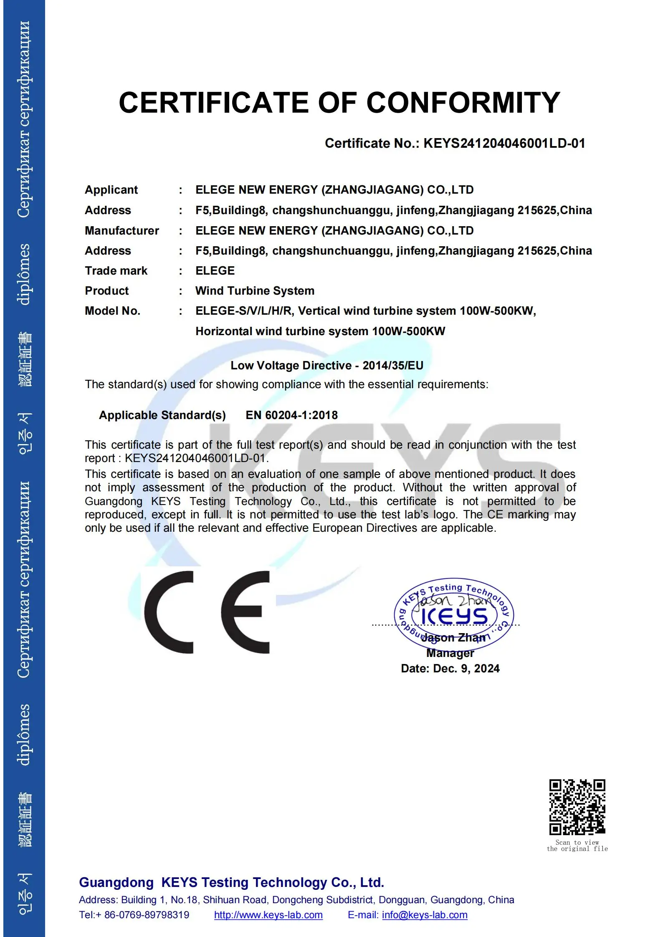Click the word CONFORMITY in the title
click(463, 103)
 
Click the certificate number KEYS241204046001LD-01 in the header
click(504, 144)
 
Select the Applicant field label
click(111, 190)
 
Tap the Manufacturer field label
click(121, 231)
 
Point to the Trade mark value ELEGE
click(215, 271)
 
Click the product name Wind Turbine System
click(255, 291)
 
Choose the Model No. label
click(112, 311)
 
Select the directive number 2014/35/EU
click(392, 366)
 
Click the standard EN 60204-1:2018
click(291, 415)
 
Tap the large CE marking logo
click(207, 612)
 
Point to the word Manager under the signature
click(450, 653)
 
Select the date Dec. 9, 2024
click(466, 669)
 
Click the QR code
click(577, 807)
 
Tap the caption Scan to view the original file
click(577, 846)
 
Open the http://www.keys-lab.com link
click(268, 915)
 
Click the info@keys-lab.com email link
click(424, 915)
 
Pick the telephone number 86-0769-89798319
click(146, 915)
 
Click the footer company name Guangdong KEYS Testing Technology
click(231, 883)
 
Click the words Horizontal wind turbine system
click(282, 331)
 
